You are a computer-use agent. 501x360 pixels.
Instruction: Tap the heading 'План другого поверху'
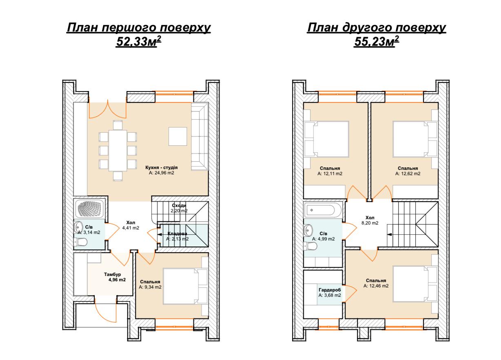pos(377,28)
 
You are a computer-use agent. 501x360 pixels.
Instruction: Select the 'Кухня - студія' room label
pos(162,167)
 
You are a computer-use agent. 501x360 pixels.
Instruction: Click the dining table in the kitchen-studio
pos(117,151)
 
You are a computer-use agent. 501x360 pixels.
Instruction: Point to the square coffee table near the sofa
pos(177,136)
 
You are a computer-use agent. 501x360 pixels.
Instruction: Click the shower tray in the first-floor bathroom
pos(90,208)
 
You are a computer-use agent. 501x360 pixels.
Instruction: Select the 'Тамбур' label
pos(112,274)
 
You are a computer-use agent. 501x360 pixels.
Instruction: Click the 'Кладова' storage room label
pos(177,233)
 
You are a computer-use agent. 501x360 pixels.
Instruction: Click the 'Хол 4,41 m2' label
pos(131,225)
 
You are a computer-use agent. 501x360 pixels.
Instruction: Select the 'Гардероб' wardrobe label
pos(330,290)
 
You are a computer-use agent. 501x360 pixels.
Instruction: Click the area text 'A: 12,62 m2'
pos(408,173)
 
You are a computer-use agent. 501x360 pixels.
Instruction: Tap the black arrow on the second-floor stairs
pos(389,234)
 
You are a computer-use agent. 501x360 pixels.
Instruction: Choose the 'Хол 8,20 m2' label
pos(370,220)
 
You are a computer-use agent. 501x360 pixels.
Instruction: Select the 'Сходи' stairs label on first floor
pos(179,205)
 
